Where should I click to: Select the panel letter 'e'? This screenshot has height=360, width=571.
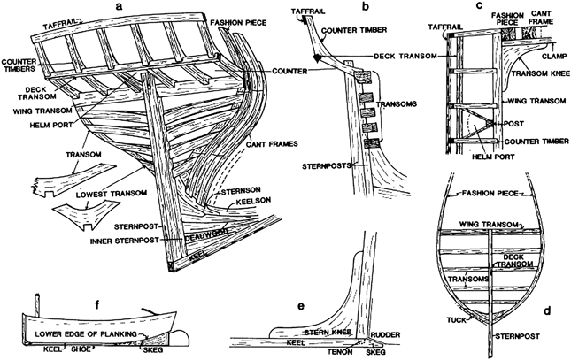coord(302,305)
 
